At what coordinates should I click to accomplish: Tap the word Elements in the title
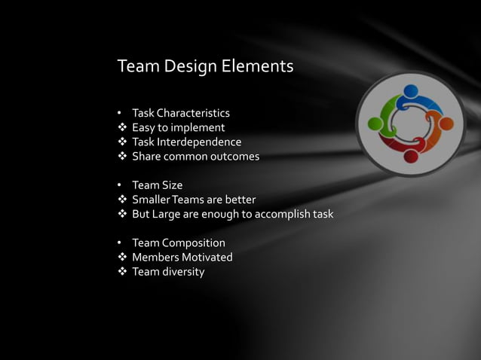(x=257, y=67)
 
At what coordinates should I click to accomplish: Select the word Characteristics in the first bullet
(x=193, y=114)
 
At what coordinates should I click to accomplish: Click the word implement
(x=198, y=128)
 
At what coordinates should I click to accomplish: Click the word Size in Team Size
(x=171, y=185)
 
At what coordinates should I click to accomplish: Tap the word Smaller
(x=153, y=200)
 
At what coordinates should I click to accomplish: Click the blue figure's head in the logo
(x=410, y=92)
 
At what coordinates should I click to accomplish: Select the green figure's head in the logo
(x=375, y=121)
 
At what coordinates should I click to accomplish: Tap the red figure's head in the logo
(x=410, y=156)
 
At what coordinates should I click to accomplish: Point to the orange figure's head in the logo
(x=446, y=123)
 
